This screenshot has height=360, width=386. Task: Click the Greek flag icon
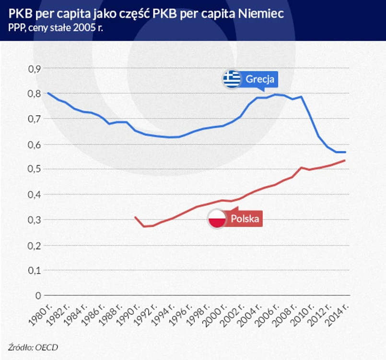(x=232, y=79)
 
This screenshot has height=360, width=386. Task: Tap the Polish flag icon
(x=217, y=219)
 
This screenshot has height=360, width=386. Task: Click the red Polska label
(x=245, y=219)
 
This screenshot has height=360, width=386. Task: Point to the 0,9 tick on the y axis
(x=34, y=68)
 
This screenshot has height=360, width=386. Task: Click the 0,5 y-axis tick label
(x=34, y=169)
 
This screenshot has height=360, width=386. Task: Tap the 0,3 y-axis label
(x=34, y=220)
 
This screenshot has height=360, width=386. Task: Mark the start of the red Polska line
(x=135, y=217)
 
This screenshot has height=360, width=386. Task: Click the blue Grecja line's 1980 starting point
(x=47, y=93)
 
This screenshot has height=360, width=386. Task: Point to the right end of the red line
(x=345, y=160)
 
